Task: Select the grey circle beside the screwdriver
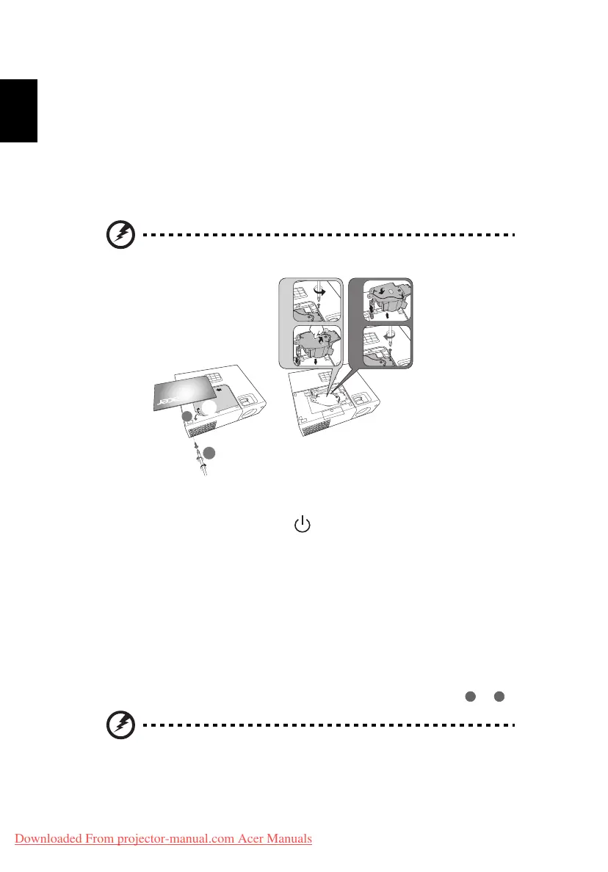pyautogui.click(x=209, y=454)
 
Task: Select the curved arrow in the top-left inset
pyautogui.click(x=319, y=291)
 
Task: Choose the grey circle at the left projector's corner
pyautogui.click(x=187, y=416)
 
